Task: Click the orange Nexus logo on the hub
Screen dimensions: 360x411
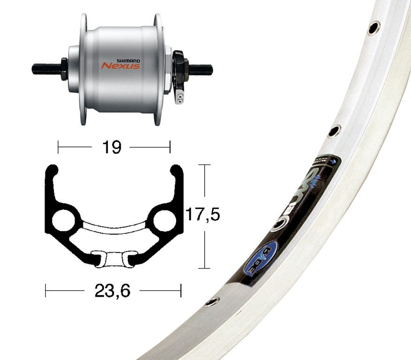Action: pyautogui.click(x=120, y=66)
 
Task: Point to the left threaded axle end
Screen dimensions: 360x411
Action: pyautogui.click(x=45, y=69)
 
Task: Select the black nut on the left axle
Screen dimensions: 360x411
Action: pyautogui.click(x=64, y=69)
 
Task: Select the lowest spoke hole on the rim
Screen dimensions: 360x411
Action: pyautogui.click(x=212, y=301)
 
